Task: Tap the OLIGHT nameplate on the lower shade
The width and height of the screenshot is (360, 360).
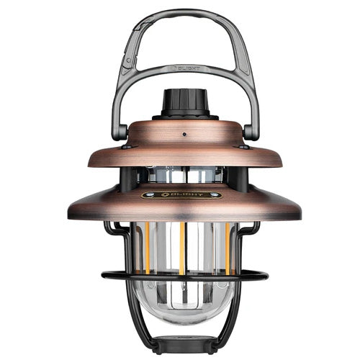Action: click(x=180, y=194)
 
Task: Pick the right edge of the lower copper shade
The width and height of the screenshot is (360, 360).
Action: click(x=297, y=212)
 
